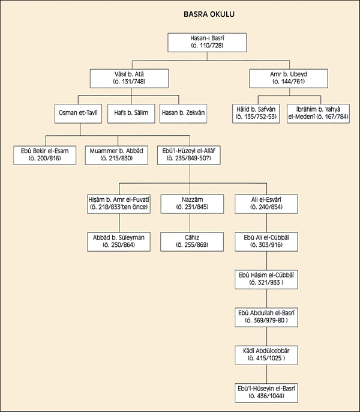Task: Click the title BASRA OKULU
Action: [209, 14]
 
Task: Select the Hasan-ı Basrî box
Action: [207, 42]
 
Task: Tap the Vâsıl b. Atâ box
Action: [129, 78]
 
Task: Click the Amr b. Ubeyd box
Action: [289, 78]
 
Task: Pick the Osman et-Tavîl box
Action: [78, 114]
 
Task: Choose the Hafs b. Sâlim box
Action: [131, 114]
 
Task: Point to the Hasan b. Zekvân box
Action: [183, 114]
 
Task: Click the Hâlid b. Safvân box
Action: [256, 114]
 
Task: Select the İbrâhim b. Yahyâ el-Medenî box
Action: [318, 114]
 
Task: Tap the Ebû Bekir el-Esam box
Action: [44, 156]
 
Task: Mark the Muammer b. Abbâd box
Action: [116, 156]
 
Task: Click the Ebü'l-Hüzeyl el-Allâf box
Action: [189, 156]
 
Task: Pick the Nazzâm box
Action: [192, 204]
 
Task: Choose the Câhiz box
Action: [192, 241]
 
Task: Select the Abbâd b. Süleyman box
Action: [119, 241]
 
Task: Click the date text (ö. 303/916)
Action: [266, 245]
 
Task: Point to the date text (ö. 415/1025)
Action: [266, 358]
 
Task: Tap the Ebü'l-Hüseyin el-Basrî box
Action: [266, 393]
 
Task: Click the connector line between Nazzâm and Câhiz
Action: [190, 223]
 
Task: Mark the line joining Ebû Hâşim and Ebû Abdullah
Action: [266, 298]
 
